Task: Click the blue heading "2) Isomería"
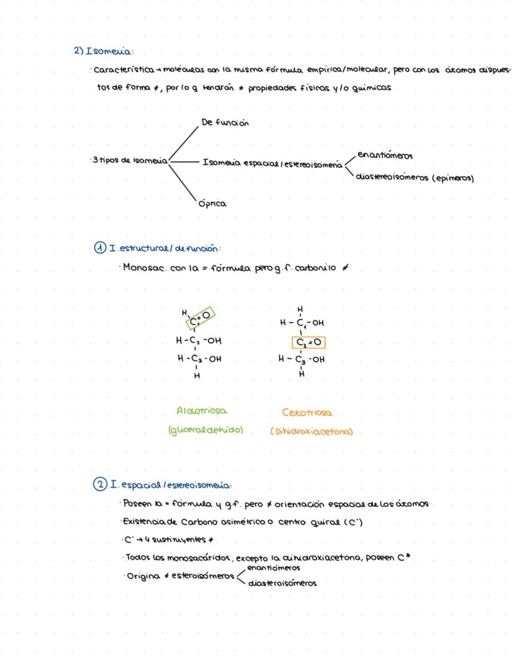pos(104,51)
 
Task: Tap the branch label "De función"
pos(225,122)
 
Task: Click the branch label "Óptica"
pos(212,203)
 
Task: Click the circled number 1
pos(100,248)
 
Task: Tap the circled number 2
pos(100,484)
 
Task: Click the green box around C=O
pos(200,316)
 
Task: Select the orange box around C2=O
pos(309,342)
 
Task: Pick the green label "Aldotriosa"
pos(202,411)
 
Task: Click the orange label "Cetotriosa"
pos(307,413)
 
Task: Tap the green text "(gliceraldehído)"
pos(205,430)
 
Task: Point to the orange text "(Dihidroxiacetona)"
pos(311,431)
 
